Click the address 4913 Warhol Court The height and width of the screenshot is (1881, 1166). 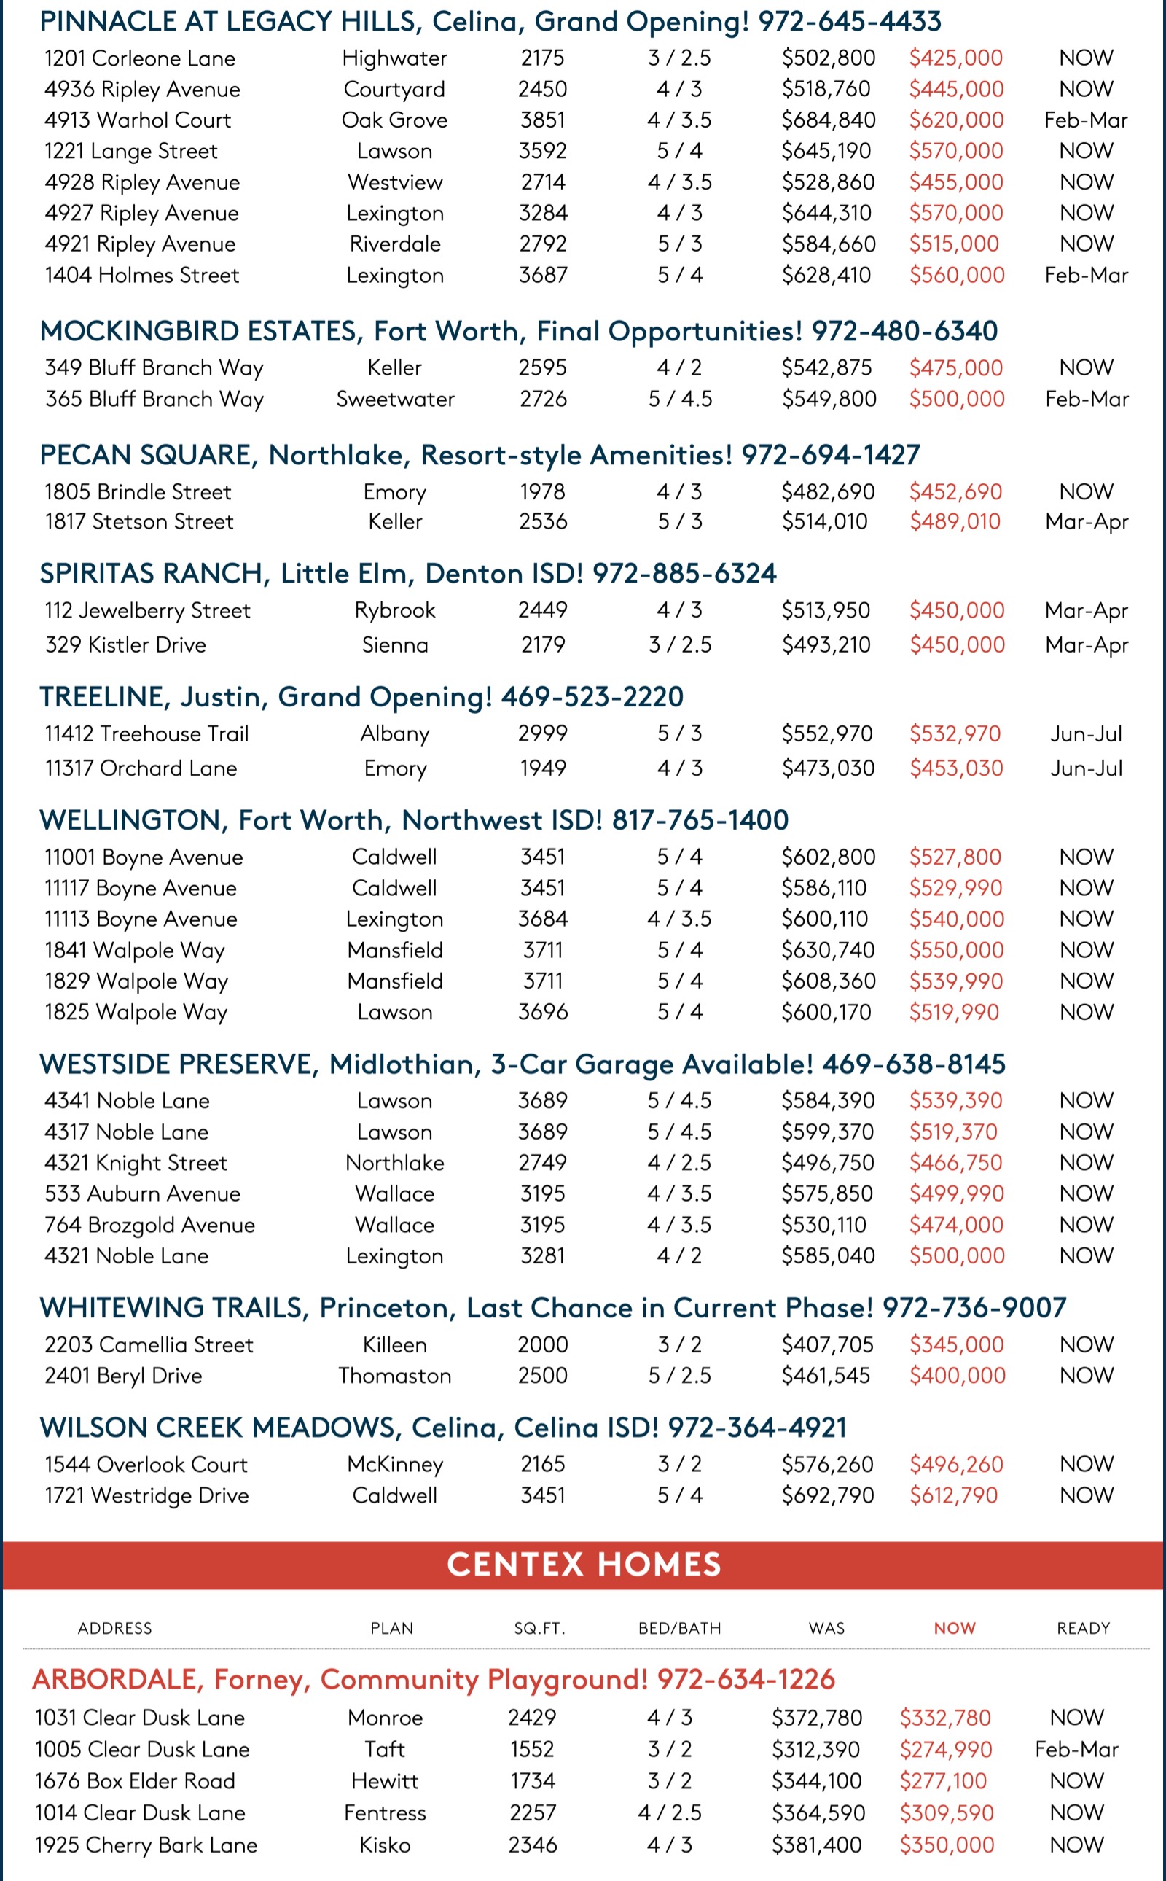coord(137,120)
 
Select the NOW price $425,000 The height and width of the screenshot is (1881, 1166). coord(955,58)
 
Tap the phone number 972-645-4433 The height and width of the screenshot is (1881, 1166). coord(849,22)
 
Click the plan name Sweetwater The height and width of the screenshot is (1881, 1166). coord(395,399)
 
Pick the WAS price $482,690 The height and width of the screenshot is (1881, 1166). coord(827,491)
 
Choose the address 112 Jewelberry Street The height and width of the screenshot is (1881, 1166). coord(147,610)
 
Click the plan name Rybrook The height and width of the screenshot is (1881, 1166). coord(395,610)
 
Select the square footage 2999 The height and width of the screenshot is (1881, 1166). coord(542,733)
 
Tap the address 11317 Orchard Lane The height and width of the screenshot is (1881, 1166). coord(141,768)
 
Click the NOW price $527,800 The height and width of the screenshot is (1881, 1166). coord(955,857)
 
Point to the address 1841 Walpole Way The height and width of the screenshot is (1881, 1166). coord(134,950)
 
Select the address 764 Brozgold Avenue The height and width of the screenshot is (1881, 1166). coord(149,1224)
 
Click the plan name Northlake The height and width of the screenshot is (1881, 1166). coord(395,1163)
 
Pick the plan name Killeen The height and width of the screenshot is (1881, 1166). coord(395,1345)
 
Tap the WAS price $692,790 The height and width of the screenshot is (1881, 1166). coord(827,1495)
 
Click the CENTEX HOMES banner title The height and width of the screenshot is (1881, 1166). coord(584,1565)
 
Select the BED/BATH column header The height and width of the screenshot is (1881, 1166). coord(679,1628)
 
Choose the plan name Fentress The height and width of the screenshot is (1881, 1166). coord(385,1812)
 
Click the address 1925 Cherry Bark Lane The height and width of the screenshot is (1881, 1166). coord(146,1845)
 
